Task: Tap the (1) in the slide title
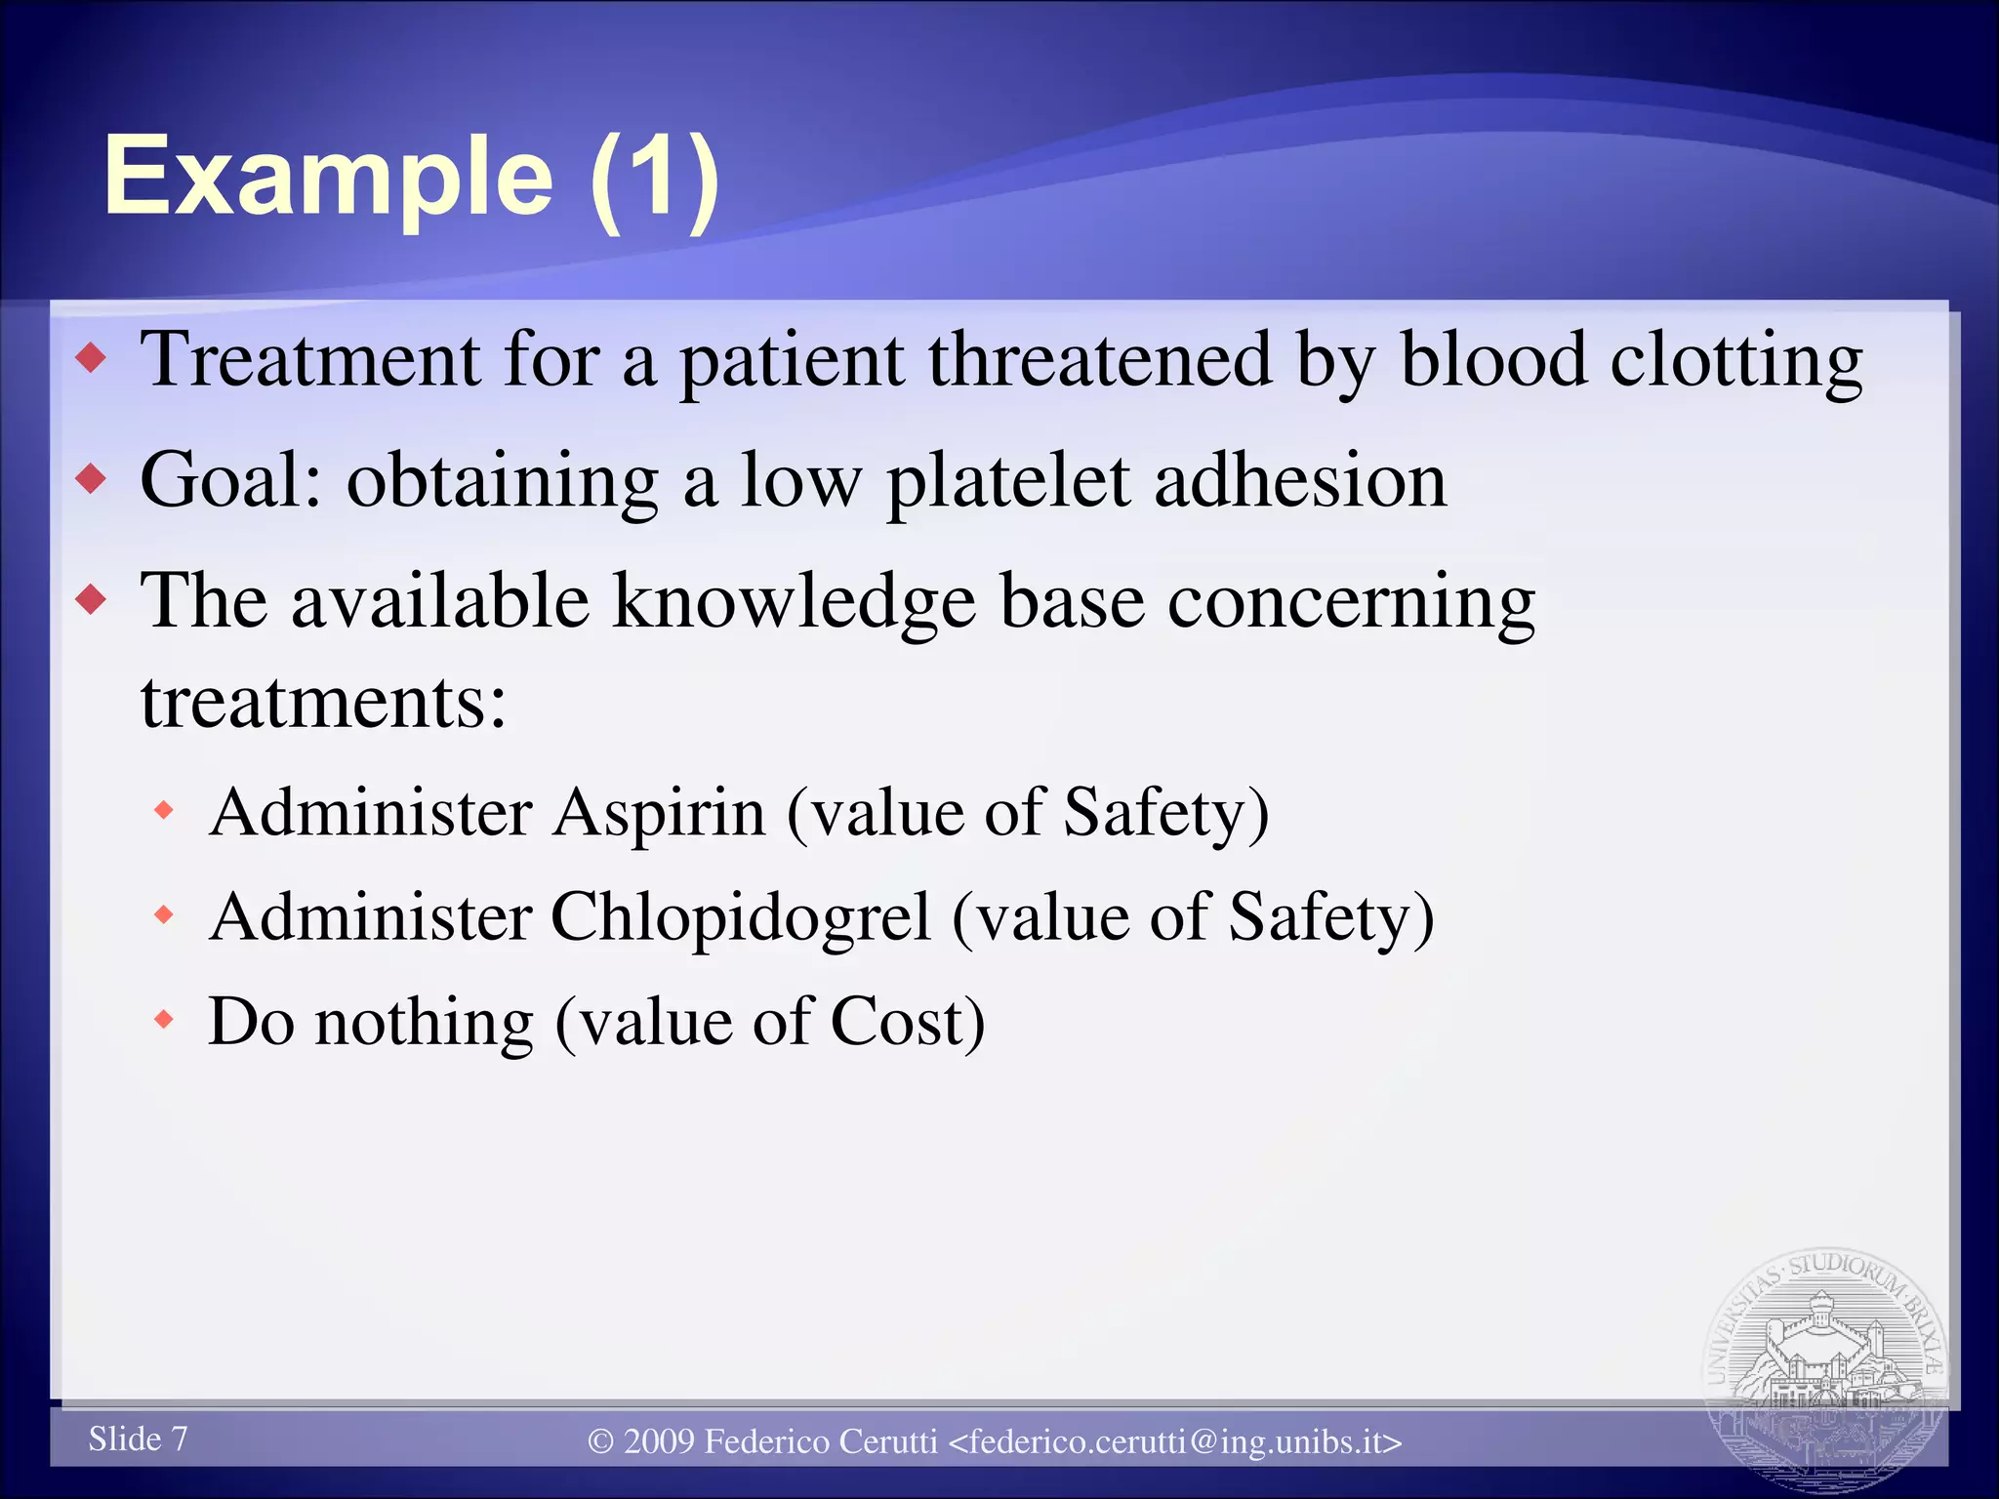pos(655,178)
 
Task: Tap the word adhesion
pos(1300,480)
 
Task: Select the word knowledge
pos(794,601)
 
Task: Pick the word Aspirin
pos(659,813)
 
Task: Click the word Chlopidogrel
pos(741,918)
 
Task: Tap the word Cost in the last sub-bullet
pos(906,1022)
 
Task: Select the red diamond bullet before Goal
pos(91,479)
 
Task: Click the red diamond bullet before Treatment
pos(91,358)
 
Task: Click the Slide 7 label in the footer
pos(138,1438)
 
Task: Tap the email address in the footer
pos(1175,1441)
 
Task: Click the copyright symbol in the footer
pos(601,1441)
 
